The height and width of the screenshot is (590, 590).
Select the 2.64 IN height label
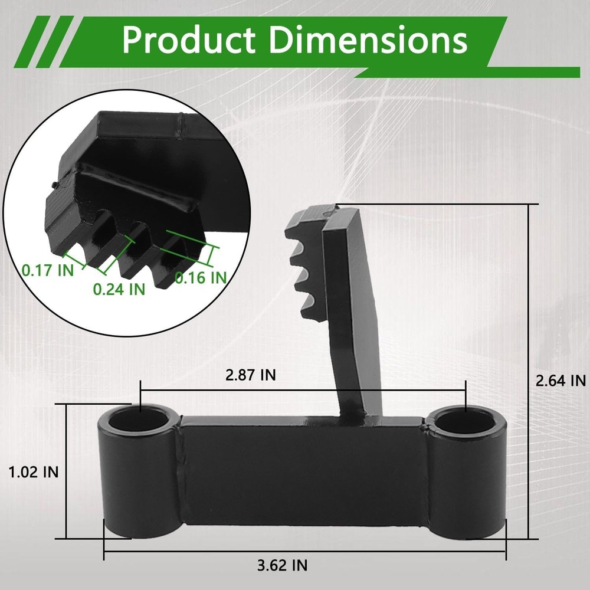[560, 381]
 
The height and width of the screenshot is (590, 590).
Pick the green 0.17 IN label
[48, 270]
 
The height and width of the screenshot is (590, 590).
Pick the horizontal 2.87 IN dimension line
[354, 389]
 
